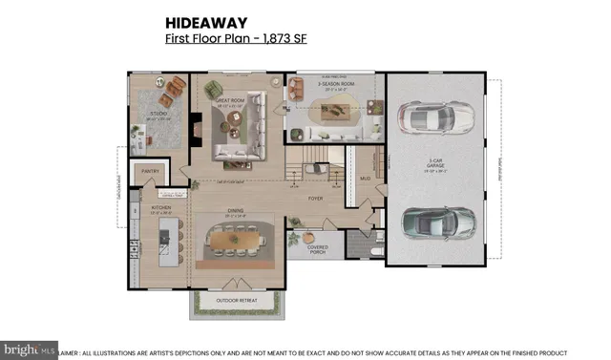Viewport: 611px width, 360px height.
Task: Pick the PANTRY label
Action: coord(150,172)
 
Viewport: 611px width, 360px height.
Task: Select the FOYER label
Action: coord(315,200)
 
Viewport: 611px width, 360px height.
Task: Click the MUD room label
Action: coord(364,179)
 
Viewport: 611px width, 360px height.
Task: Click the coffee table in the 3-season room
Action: coord(335,112)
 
